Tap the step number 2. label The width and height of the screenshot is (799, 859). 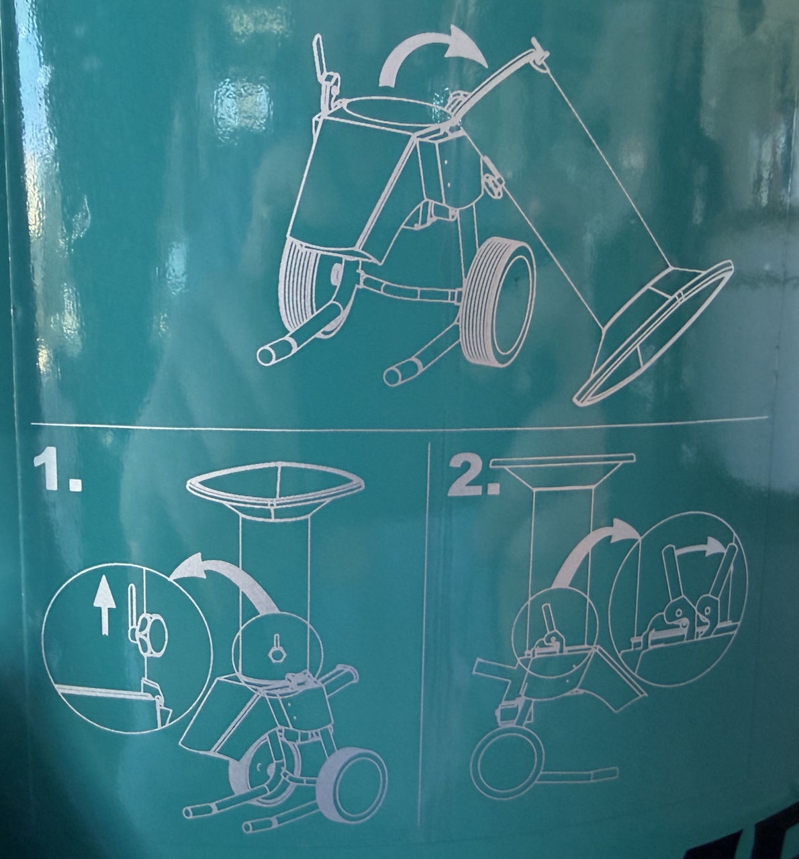pyautogui.click(x=475, y=475)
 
